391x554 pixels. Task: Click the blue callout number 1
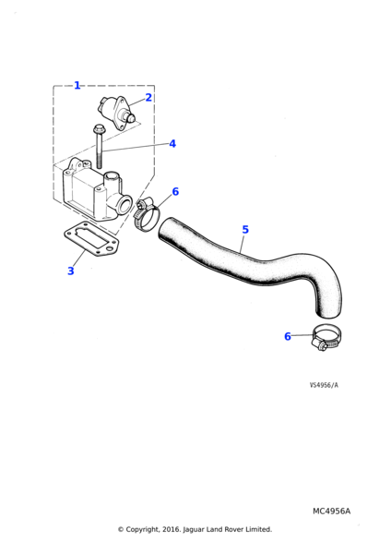pos(77,86)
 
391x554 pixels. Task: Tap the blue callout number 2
pos(148,98)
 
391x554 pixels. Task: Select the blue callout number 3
pos(71,271)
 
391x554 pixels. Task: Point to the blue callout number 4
pos(172,144)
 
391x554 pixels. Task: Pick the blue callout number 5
pos(245,230)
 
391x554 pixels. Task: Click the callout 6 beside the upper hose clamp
pos(175,191)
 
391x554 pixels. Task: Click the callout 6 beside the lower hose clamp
pos(288,336)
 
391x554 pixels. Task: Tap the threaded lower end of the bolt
pos(99,162)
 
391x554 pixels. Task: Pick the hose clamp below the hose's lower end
pos(326,337)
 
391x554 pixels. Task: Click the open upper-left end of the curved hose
pos(166,229)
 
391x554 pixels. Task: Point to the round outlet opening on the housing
pos(124,205)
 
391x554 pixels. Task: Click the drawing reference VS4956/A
pos(324,385)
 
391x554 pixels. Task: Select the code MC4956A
pos(331,512)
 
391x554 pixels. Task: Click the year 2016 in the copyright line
pos(172,529)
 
